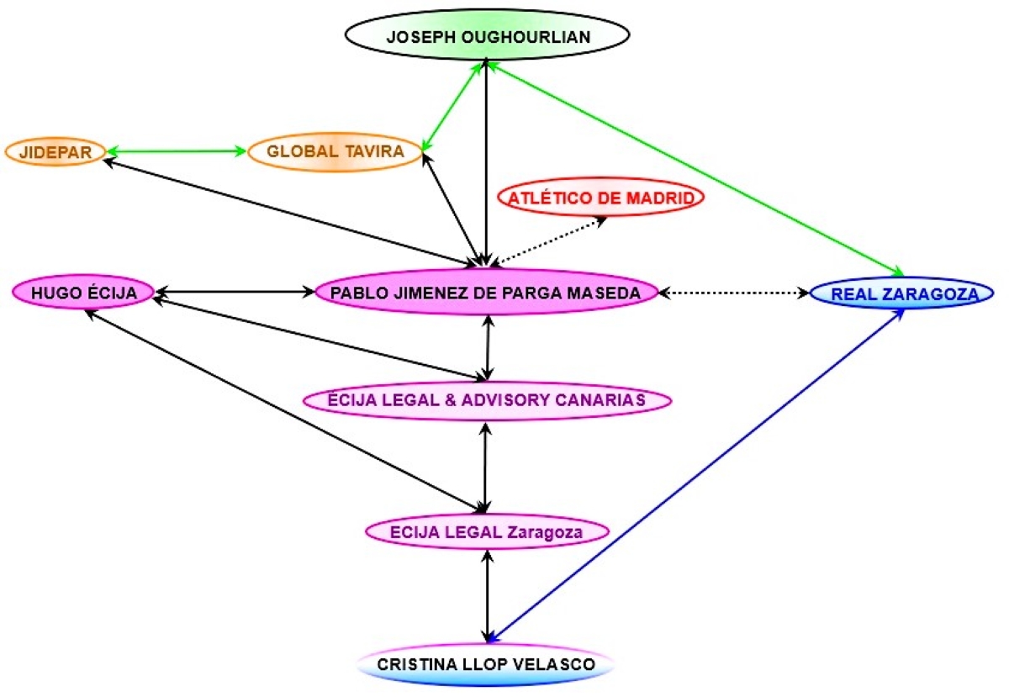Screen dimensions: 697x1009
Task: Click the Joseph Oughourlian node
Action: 487,37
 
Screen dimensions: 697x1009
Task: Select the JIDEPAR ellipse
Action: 55,152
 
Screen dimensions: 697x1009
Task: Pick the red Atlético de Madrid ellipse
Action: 601,198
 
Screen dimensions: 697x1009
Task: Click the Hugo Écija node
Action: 84,293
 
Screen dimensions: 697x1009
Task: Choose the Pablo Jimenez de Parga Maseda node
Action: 485,293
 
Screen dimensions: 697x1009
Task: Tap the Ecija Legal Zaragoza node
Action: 487,531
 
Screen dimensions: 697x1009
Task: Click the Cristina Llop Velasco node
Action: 487,664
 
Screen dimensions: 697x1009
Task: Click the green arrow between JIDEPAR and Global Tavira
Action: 176,152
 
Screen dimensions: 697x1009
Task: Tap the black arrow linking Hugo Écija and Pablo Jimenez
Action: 234,293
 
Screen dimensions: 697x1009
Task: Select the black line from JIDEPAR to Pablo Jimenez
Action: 286,210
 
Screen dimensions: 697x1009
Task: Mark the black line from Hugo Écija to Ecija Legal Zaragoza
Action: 286,409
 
